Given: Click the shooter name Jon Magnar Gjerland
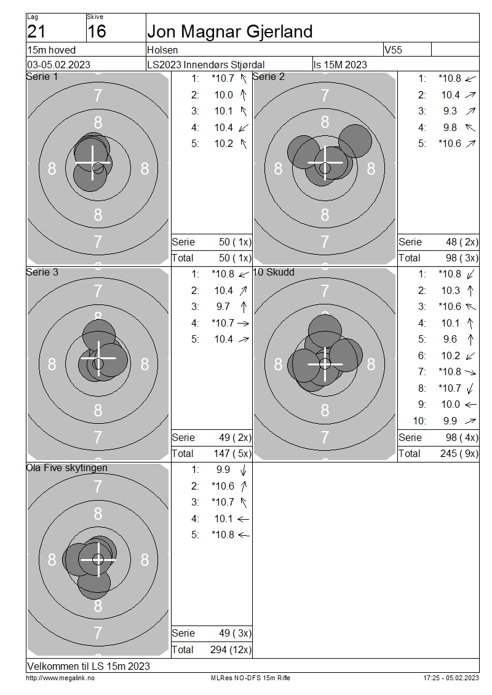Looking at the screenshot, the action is point(229,31).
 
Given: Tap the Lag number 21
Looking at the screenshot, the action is point(36,31).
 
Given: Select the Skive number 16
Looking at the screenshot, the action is point(97,31).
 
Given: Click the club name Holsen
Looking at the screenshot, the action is point(162,50).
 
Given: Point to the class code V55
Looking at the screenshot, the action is point(393,50).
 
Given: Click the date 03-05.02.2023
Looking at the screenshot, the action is point(58,65).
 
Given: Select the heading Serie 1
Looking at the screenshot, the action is point(42,77).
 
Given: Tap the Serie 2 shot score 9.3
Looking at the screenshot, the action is point(450,111).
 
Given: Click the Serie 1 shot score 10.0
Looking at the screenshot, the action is point(223,95).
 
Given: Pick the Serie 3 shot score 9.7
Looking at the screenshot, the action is point(223,307).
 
